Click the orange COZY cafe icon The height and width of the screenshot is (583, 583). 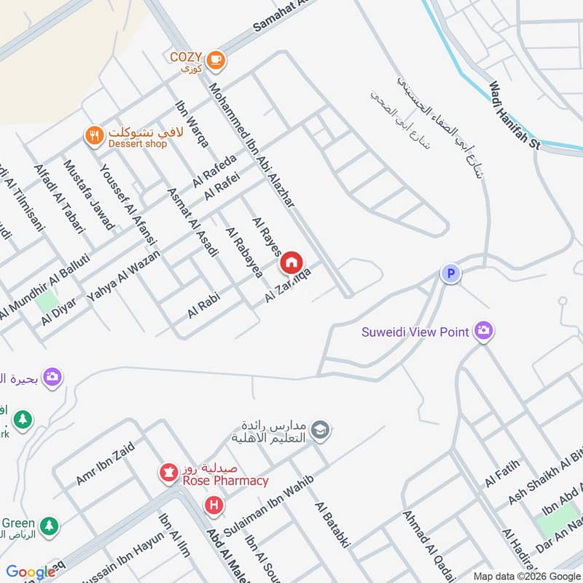(214, 61)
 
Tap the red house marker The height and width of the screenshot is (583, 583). (291, 262)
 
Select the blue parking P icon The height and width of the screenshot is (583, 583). (451, 274)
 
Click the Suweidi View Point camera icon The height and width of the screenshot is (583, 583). (482, 332)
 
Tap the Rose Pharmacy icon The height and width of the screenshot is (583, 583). (168, 474)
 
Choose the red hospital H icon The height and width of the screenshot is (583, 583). (214, 504)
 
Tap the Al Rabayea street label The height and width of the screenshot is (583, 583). (244, 253)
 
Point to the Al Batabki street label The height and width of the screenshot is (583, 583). (333, 524)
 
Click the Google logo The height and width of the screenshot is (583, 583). (31, 573)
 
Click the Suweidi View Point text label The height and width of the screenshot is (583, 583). (415, 332)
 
